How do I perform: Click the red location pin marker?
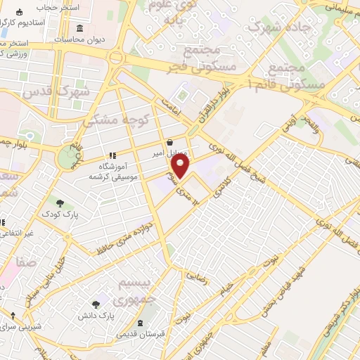[x=181, y=167]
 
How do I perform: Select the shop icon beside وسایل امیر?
[x=169, y=142]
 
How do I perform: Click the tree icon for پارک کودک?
[x=60, y=202]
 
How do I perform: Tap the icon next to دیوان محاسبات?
[x=79, y=29]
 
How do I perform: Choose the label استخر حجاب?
[x=58, y=7]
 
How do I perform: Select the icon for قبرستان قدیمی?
[x=141, y=323]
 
